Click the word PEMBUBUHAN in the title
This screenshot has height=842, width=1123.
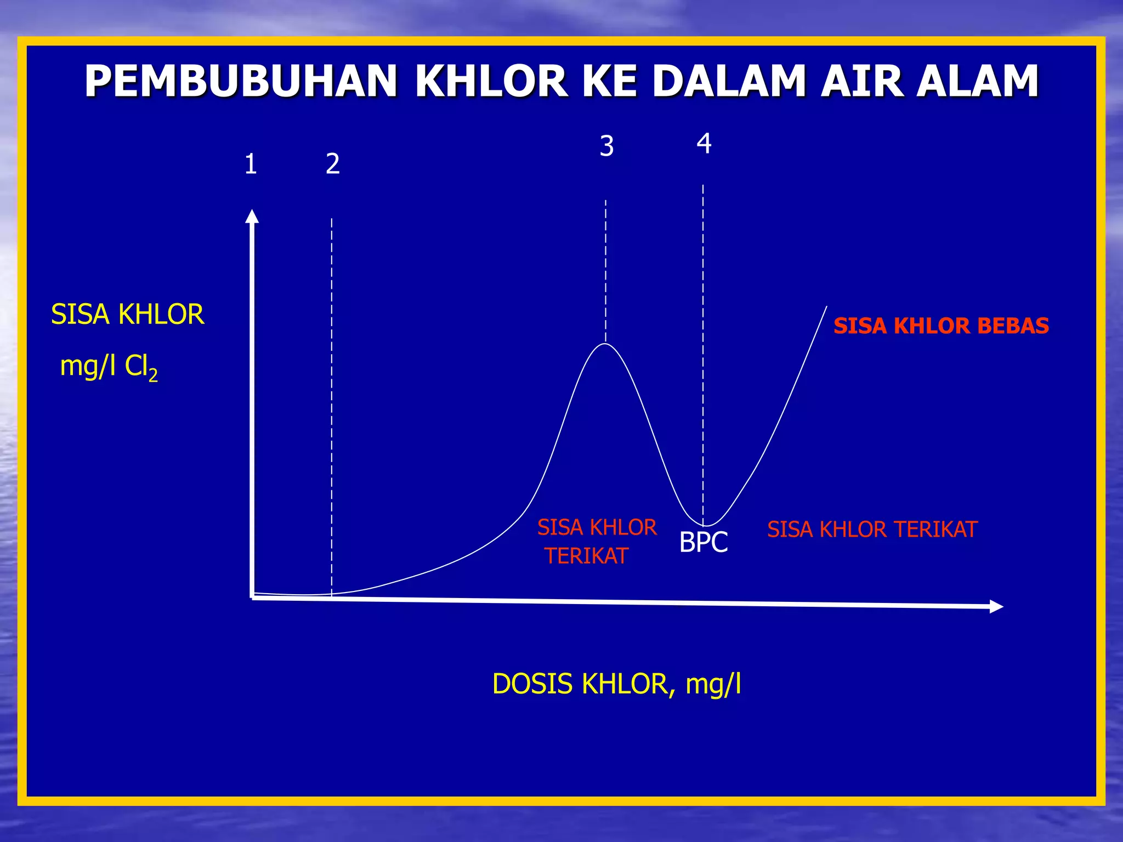click(241, 81)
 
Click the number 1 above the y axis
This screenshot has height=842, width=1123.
click(251, 164)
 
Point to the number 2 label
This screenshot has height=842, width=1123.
click(333, 164)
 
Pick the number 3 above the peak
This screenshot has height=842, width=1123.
click(606, 146)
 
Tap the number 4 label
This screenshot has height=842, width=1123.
click(704, 144)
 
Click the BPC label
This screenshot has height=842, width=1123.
click(704, 542)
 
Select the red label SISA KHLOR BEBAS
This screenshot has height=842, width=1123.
click(941, 326)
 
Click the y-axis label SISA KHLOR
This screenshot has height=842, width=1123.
click(127, 315)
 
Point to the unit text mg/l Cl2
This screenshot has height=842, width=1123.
click(109, 366)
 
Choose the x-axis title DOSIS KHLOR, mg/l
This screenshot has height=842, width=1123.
click(616, 684)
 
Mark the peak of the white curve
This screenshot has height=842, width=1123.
click(605, 344)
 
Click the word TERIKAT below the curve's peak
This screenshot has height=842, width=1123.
click(586, 556)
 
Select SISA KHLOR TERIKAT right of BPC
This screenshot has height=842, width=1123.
click(872, 530)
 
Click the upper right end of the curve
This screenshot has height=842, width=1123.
click(826, 308)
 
